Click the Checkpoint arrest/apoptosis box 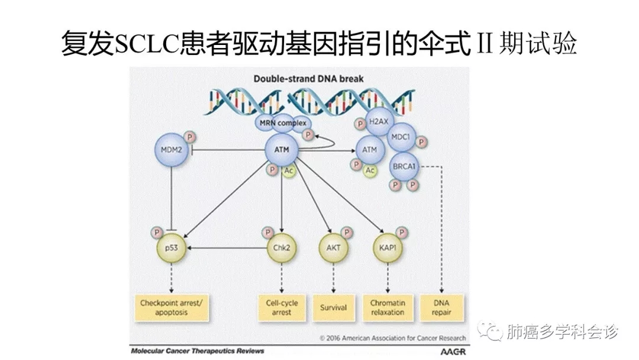click(171, 307)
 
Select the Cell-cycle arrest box click(282, 307)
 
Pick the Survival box click(333, 307)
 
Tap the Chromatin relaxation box click(388, 307)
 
